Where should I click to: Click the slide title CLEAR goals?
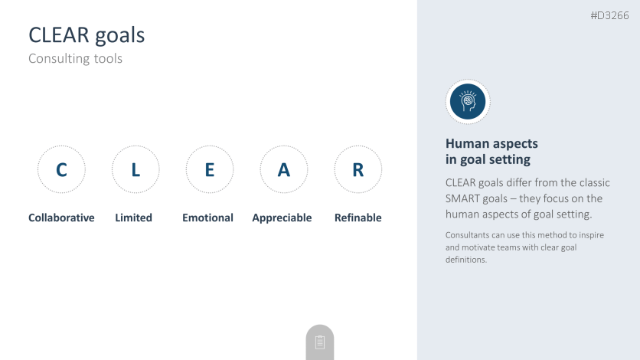coord(87,35)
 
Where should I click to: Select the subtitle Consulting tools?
coord(76,58)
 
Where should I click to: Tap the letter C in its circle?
coord(62,170)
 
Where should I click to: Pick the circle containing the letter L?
coord(136,146)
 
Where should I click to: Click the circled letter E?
coord(210,170)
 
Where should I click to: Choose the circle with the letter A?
coord(284,146)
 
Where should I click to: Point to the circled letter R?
coord(358,170)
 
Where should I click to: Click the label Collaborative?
coord(61,218)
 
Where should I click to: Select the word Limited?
coord(133,218)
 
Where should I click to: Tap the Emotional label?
coord(207,218)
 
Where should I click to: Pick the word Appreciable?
coord(282,218)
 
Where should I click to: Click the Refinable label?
coord(358,218)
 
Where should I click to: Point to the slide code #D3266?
coord(610,15)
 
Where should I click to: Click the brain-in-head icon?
coord(468,102)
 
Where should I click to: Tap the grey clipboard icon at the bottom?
coord(320,342)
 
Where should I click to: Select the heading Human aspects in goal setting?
coord(491,152)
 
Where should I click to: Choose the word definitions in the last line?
coord(465,260)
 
